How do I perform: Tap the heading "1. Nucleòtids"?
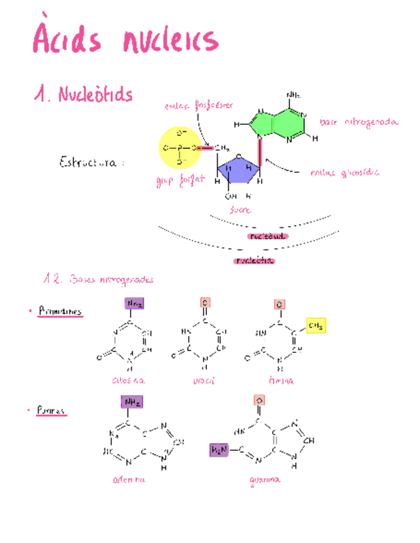point(84,95)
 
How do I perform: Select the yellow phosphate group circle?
point(179,147)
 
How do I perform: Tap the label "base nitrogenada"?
point(359,122)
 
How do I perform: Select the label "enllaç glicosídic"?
point(344,172)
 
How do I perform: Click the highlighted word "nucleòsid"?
point(268,236)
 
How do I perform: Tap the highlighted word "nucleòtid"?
point(255,261)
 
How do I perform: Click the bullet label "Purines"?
point(51,410)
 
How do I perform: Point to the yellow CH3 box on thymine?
point(315,326)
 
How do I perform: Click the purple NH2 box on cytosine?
point(134,304)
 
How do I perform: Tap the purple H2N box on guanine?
point(219,451)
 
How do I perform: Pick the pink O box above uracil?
point(205,302)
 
